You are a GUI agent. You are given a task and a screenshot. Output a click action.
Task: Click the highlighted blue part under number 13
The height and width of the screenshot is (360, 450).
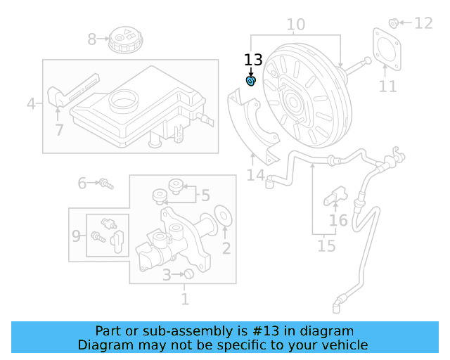click(251, 82)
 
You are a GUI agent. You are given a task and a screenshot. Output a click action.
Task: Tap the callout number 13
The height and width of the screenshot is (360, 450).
click(253, 60)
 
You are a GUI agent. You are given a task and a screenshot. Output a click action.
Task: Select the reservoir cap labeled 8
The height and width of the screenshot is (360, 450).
click(127, 39)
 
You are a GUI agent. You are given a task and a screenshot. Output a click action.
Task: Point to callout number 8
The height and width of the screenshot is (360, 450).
click(92, 39)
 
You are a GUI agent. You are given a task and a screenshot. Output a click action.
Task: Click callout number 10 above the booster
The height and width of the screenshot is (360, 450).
click(295, 25)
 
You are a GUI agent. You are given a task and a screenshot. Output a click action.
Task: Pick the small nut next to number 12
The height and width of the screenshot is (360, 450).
click(394, 22)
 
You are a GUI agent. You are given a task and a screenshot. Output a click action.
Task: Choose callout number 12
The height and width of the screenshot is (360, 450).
click(423, 23)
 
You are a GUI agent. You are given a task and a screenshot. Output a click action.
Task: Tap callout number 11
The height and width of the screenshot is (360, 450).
click(387, 86)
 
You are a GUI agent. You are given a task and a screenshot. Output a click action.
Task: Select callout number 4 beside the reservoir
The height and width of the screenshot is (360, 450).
click(31, 104)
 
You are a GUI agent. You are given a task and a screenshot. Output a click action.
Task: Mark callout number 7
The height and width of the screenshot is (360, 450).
click(59, 130)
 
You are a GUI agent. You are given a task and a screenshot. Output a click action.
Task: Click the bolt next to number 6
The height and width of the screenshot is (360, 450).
click(106, 184)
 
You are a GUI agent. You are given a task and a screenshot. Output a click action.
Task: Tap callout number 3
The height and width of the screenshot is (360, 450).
click(166, 275)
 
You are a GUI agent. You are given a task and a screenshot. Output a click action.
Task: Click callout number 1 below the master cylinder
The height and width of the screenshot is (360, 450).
click(185, 299)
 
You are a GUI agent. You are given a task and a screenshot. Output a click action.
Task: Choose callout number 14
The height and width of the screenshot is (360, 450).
click(255, 175)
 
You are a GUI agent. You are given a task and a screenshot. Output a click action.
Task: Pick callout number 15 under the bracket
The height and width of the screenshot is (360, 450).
click(326, 245)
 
